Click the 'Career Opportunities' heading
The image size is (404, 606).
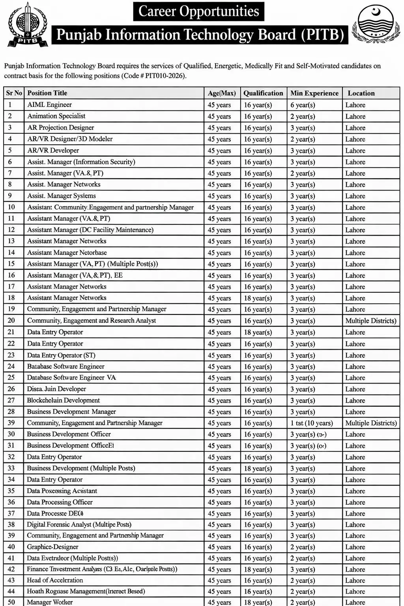click(198, 11)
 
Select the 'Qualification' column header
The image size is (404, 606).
click(263, 93)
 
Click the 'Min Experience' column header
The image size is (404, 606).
click(314, 93)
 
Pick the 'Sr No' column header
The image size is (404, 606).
click(14, 93)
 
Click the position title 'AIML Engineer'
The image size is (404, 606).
click(49, 105)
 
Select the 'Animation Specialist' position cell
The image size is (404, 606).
click(56, 116)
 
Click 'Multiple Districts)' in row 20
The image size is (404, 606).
click(370, 321)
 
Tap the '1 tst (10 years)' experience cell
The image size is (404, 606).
click(312, 423)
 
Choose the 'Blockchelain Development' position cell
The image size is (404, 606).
click(63, 400)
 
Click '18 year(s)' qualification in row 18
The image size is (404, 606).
click(258, 298)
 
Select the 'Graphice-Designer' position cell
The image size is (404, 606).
click(52, 547)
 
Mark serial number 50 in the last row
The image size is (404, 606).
click(11, 602)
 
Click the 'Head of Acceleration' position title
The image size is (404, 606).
click(55, 580)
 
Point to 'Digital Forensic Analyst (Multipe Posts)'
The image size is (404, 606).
click(79, 524)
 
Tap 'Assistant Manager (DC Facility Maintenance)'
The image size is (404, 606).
click(90, 230)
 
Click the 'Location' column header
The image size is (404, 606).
click(361, 93)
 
